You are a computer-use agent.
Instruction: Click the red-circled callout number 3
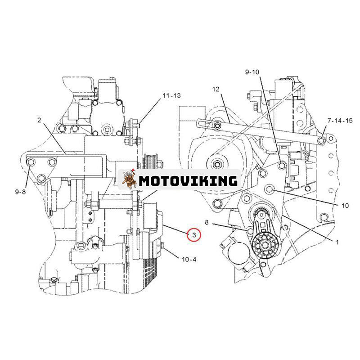coord(194,234)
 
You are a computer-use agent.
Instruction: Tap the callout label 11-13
coord(172,96)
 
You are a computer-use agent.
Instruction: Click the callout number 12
coord(216,90)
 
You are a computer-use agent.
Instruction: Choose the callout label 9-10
coord(252,72)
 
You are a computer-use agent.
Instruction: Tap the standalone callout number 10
coord(345,206)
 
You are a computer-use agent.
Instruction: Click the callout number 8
coord(207,222)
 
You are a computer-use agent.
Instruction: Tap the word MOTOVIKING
coord(188,181)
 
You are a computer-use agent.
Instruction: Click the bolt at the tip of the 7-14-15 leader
coord(321,141)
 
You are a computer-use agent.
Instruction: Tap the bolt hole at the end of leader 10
coord(270,189)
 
